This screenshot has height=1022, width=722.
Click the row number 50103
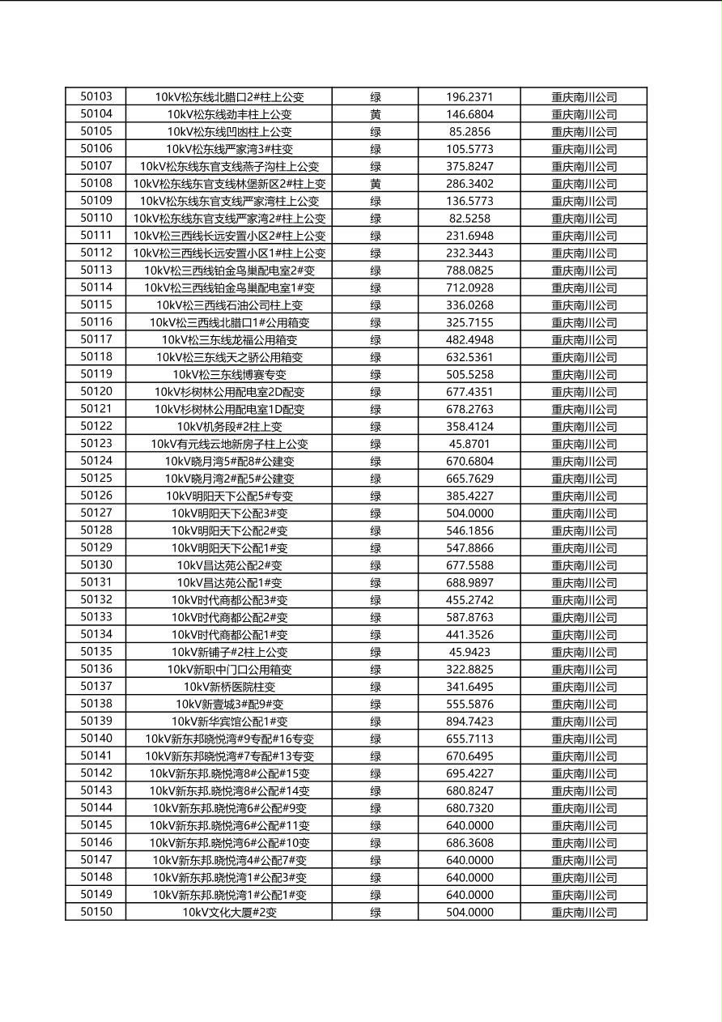pos(96,96)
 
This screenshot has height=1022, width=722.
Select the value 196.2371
pos(469,97)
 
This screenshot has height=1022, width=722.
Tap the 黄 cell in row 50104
pos(376,115)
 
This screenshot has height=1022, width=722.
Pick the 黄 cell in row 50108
pos(376,184)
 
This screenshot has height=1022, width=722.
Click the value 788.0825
pos(469,270)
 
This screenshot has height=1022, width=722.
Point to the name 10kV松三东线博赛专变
pos(229,375)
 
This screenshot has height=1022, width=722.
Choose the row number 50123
pos(96,444)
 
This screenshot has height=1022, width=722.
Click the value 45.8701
pos(469,444)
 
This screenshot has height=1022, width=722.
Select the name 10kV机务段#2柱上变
pos(229,427)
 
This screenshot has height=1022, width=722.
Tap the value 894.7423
pos(469,722)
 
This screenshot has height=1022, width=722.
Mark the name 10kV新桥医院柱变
pos(229,687)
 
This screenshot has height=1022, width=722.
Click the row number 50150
pos(96,912)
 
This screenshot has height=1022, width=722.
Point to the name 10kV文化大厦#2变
pos(229,912)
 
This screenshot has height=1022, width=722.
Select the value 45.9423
pos(469,652)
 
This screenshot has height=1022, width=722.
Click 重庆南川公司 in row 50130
pos(584,565)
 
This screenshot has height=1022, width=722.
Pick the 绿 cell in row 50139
pos(376,722)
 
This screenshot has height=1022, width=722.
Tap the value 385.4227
pos(469,496)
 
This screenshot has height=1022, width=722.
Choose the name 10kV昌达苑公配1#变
pos(229,582)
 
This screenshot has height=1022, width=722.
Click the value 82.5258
pos(469,219)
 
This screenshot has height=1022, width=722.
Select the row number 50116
pos(96,322)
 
